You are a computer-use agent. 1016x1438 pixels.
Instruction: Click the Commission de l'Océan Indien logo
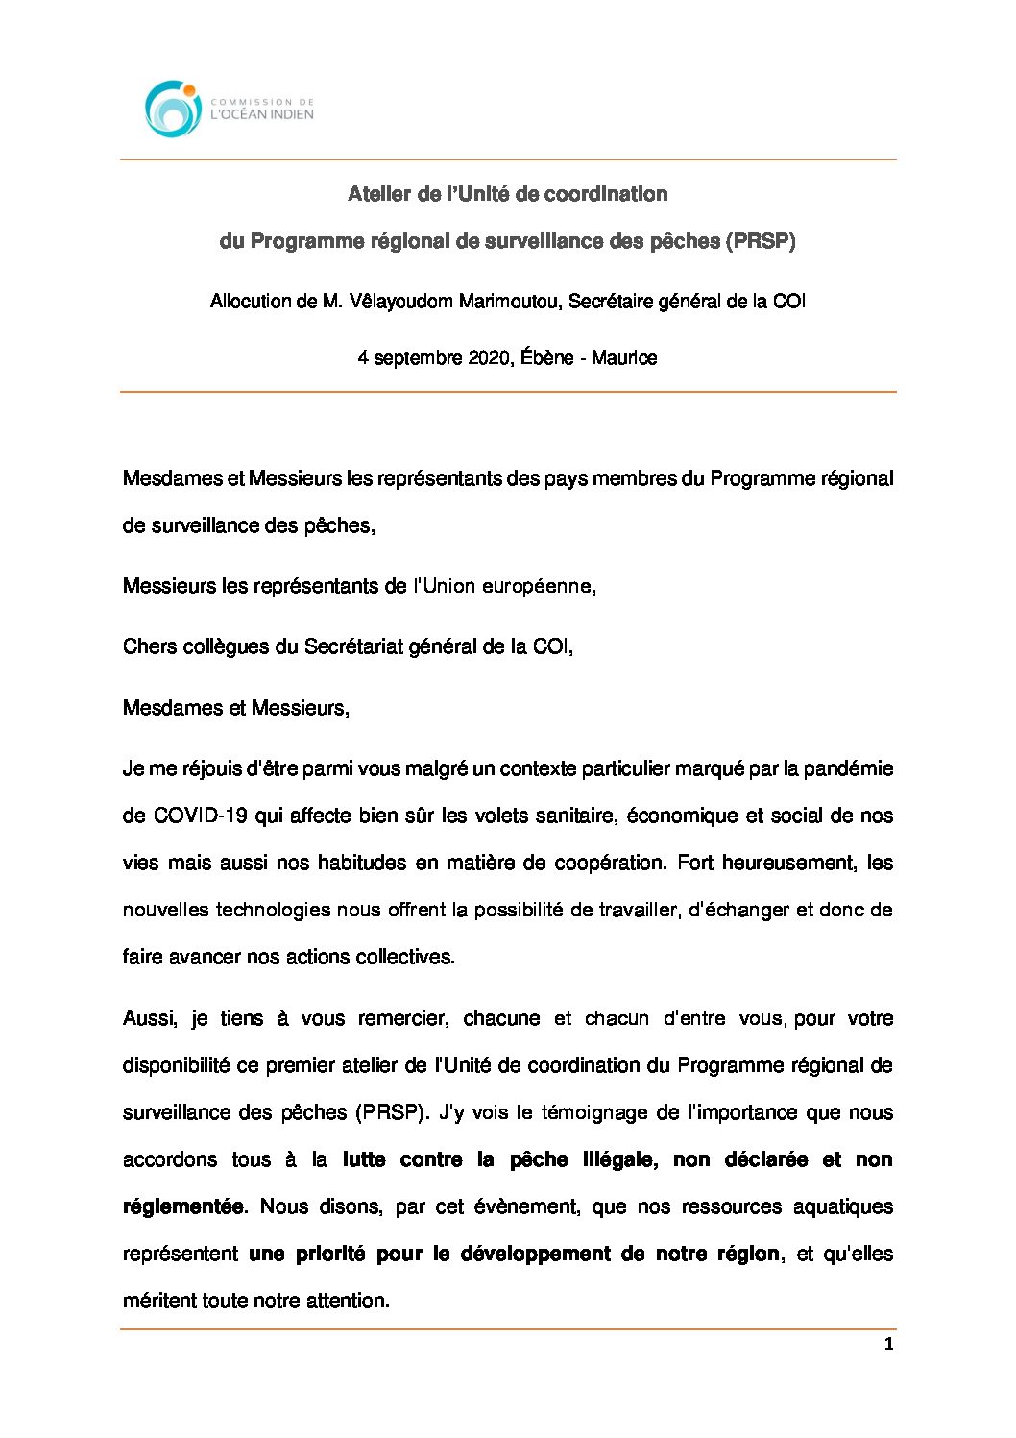[229, 108]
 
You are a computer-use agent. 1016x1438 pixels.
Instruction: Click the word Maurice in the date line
[624, 358]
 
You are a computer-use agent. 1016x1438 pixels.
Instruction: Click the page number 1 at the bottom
[888, 1344]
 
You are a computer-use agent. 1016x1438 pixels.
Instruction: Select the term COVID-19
[201, 816]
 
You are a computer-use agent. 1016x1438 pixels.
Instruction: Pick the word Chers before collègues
[149, 646]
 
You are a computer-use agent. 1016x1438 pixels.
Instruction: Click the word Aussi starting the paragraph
[149, 1018]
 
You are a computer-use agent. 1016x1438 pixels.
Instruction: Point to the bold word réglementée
[183, 1206]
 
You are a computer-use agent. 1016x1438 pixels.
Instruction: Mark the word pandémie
[848, 768]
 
